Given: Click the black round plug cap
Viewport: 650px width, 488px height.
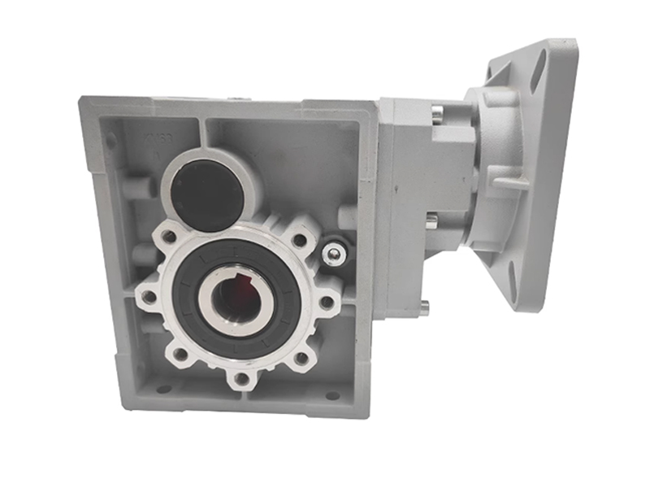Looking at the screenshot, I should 206,194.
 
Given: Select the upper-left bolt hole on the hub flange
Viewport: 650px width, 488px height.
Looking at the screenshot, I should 168,237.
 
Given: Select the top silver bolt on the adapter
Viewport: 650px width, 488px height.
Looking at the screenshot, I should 436,114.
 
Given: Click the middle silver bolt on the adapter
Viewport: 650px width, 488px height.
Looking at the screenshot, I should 431,220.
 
